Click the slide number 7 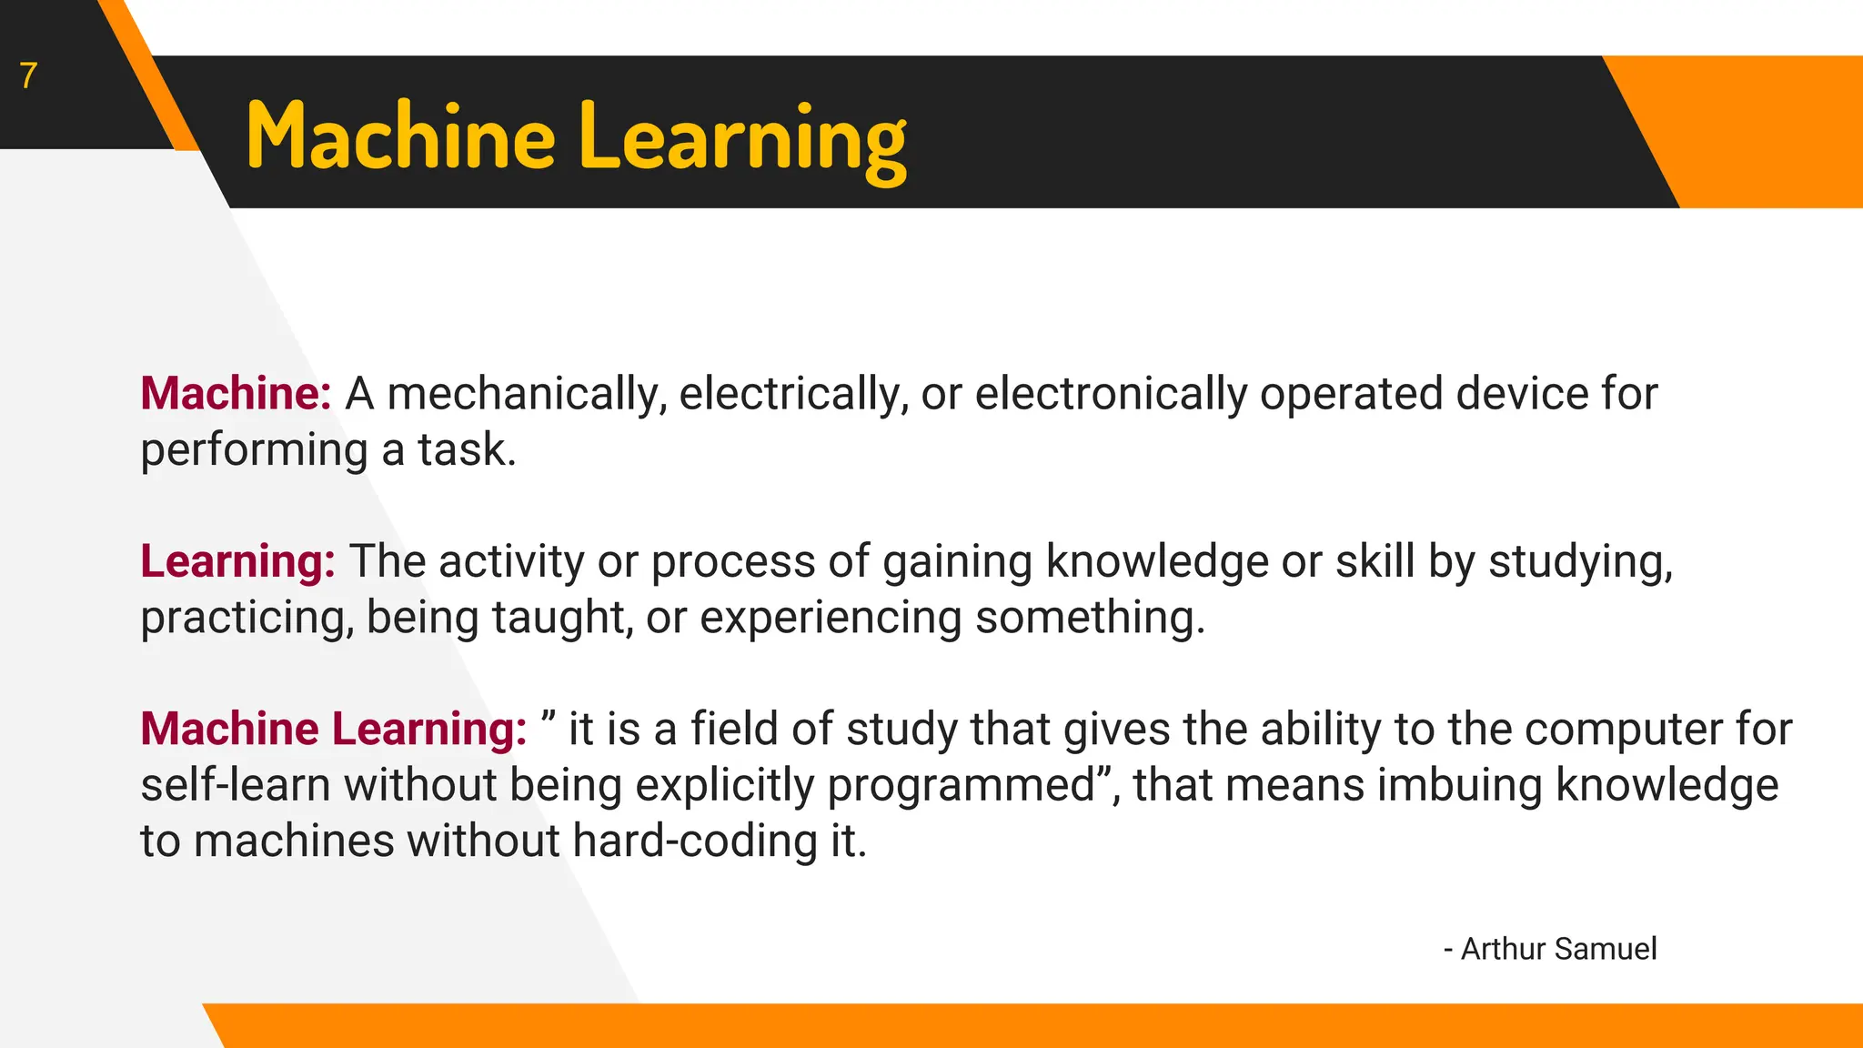click(28, 76)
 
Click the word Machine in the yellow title click(400, 138)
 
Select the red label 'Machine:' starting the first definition click(236, 394)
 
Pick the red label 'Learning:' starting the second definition click(237, 561)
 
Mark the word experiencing click(830, 618)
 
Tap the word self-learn click(235, 785)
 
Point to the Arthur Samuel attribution click(1550, 949)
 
